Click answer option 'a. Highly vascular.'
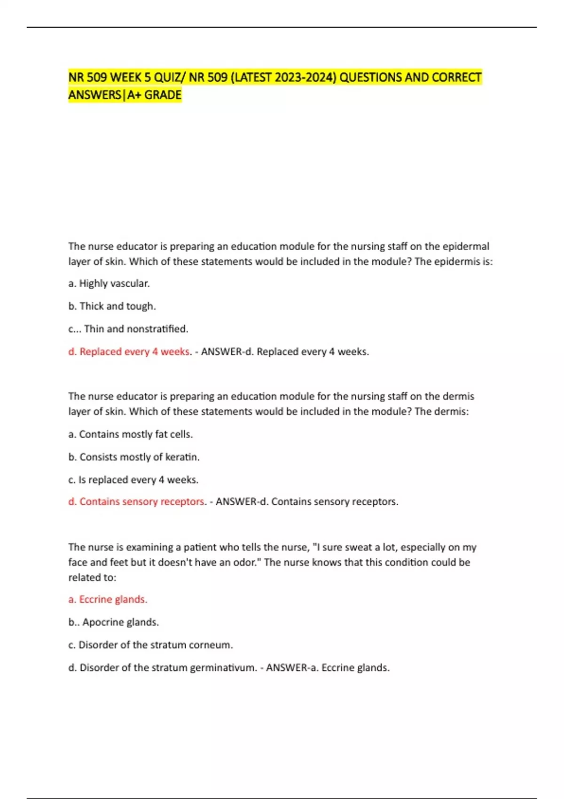click(x=109, y=283)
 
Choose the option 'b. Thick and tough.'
click(x=112, y=306)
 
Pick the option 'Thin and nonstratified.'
click(x=136, y=329)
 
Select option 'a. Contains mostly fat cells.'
click(x=131, y=434)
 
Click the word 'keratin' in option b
click(x=181, y=457)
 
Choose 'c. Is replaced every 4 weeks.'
click(x=133, y=480)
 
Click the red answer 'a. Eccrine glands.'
click(x=108, y=600)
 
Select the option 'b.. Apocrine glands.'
click(x=114, y=622)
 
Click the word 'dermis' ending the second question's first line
click(x=459, y=396)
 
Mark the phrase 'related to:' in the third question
click(x=92, y=578)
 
